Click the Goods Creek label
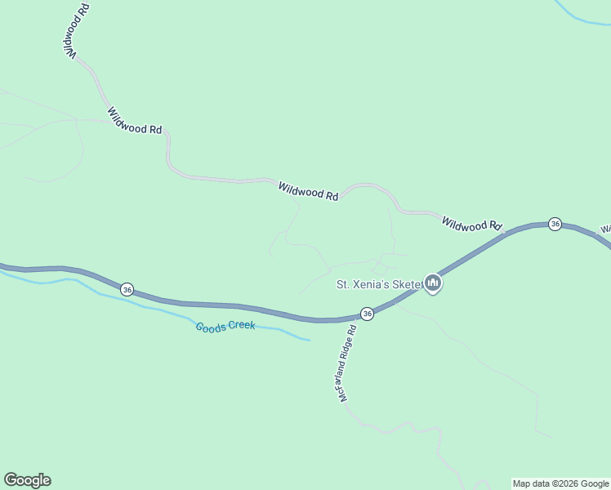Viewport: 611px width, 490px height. (x=225, y=326)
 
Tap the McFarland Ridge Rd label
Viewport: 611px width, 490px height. (x=348, y=363)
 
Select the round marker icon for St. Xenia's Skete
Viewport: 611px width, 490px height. (x=433, y=283)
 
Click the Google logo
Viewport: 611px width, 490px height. (x=27, y=480)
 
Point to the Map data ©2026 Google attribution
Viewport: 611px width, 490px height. (x=560, y=483)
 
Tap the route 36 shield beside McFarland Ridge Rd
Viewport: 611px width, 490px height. (x=367, y=314)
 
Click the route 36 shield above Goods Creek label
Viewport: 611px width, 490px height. (x=127, y=289)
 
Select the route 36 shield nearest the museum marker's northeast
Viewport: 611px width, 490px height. (x=555, y=224)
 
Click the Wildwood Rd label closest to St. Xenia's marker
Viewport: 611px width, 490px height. (x=471, y=224)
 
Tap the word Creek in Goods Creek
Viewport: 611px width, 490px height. (x=241, y=327)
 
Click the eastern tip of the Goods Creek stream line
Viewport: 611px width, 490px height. (x=310, y=340)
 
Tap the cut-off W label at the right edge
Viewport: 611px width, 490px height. (x=605, y=229)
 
